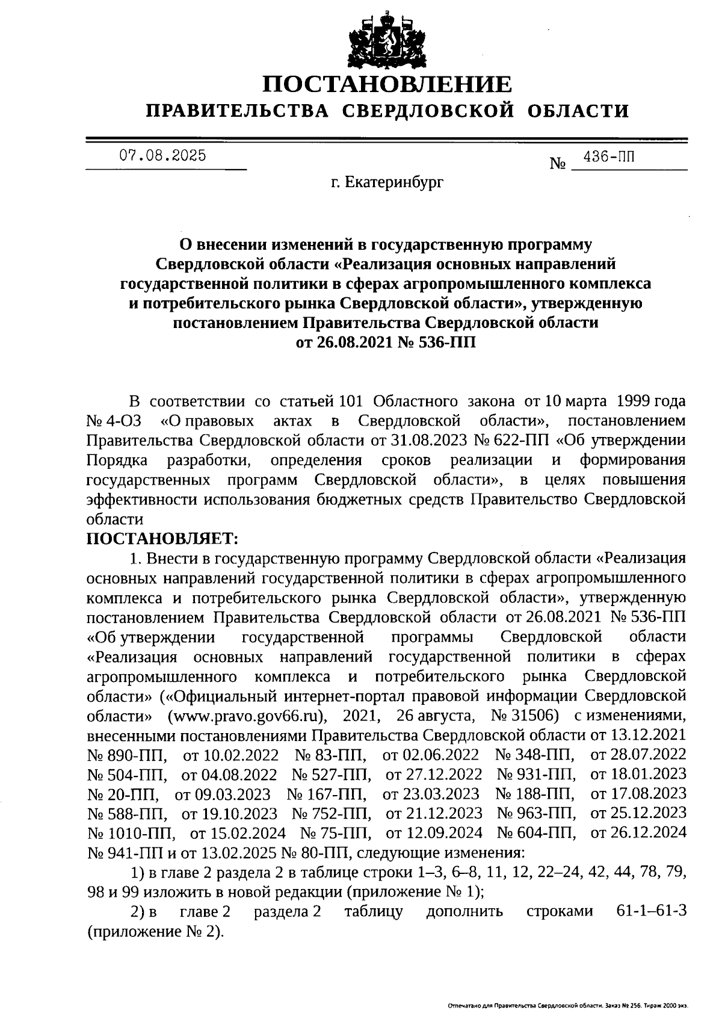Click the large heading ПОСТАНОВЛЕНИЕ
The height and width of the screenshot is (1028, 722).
388,84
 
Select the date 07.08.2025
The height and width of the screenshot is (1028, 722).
163,156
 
